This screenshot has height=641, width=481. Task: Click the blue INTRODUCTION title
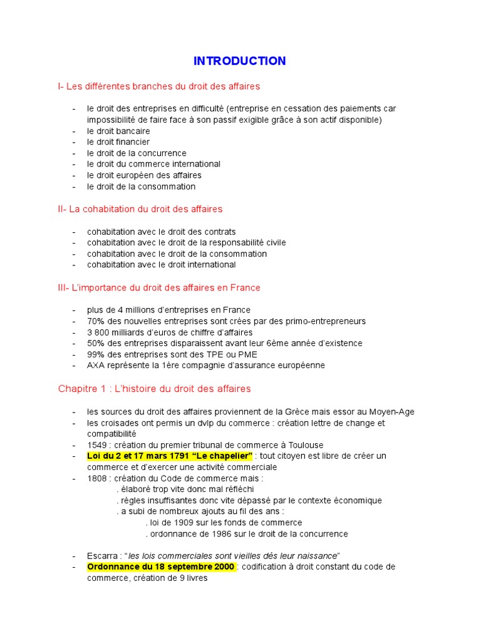(239, 61)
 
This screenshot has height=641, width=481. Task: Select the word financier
(132, 142)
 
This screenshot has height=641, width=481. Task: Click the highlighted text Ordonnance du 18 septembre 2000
(161, 567)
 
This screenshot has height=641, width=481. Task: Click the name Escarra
(102, 556)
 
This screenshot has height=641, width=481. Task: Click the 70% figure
(96, 321)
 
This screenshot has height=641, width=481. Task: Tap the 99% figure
(96, 354)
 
